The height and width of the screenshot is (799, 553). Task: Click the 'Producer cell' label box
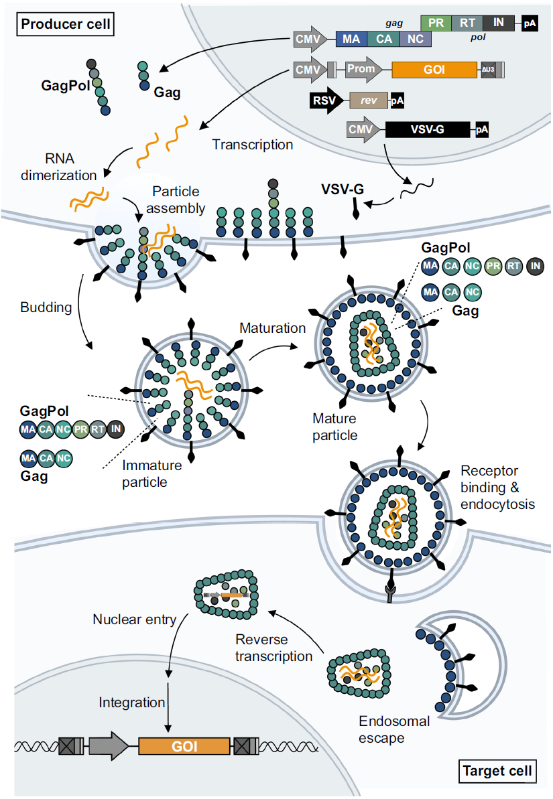(66, 25)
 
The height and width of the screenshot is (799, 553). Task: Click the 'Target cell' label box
(497, 771)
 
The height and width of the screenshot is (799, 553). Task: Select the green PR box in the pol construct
(435, 23)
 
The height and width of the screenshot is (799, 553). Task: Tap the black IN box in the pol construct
(498, 23)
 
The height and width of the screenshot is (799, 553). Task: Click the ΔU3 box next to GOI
(488, 70)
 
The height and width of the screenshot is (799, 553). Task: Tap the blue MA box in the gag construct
(351, 39)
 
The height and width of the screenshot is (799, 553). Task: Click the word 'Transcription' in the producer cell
(253, 144)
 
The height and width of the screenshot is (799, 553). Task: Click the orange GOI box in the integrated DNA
(184, 746)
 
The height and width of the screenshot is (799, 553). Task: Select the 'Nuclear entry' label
(134, 620)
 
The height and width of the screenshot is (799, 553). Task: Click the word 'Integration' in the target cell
(131, 703)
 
